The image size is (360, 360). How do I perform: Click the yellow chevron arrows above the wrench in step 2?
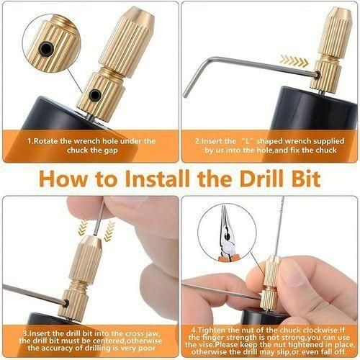pyautogui.click(x=294, y=60)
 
